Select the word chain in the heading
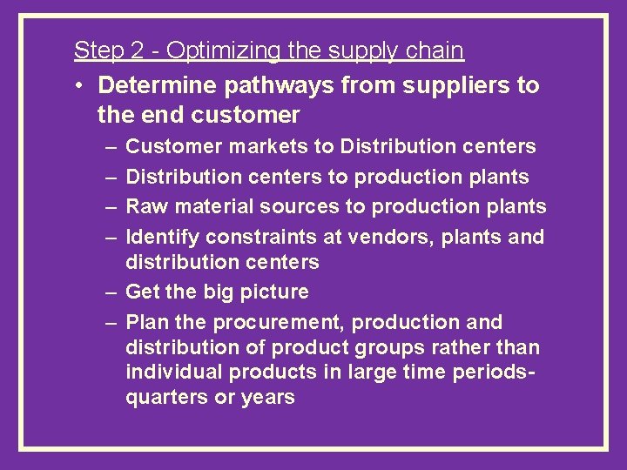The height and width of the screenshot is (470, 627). pos(435,50)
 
